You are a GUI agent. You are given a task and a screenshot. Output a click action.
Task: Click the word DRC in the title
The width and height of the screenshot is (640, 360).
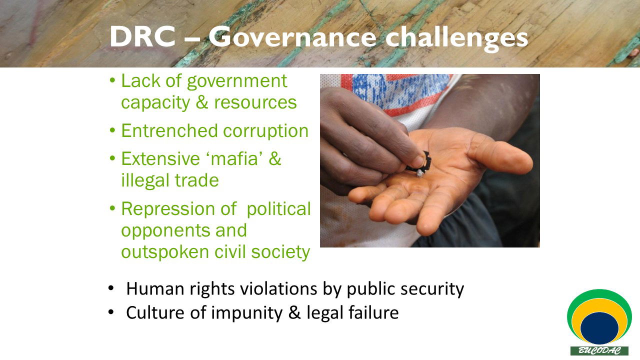[x=142, y=36]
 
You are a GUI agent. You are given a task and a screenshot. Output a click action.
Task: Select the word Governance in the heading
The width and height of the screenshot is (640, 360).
[x=292, y=37]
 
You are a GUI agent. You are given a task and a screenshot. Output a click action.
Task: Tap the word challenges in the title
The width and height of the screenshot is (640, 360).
[x=456, y=38]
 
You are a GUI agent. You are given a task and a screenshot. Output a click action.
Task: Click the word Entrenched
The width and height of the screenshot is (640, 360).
[x=169, y=130]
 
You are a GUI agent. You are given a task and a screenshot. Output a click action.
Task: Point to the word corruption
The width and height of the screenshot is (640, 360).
[x=265, y=132]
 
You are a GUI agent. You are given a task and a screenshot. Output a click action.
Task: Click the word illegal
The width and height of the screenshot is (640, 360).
[x=145, y=181]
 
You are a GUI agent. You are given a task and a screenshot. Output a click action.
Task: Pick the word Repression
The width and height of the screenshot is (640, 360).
[x=179, y=209]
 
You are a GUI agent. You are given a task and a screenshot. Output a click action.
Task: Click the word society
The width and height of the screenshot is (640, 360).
[x=280, y=253]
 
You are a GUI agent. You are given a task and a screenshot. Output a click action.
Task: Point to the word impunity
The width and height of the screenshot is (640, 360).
[x=247, y=313]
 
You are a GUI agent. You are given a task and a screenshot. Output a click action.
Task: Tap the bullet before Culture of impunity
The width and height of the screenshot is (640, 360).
[x=111, y=312]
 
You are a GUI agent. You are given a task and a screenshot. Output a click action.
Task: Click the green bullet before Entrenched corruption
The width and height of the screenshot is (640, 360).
[x=112, y=130]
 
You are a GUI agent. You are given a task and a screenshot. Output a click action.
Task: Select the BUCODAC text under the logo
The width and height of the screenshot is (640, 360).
[x=599, y=350]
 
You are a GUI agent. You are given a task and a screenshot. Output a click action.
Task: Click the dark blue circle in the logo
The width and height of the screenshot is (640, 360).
[x=599, y=328]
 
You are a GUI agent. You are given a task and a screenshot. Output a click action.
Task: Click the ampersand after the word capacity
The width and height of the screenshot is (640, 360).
[x=201, y=102]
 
